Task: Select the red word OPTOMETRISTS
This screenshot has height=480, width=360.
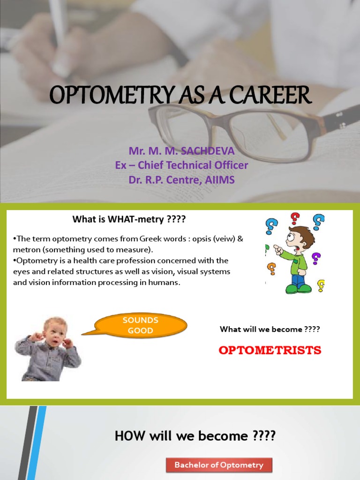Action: (270, 350)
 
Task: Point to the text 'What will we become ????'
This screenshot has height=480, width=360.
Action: (270, 330)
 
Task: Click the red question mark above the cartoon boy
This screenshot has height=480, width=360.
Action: (295, 218)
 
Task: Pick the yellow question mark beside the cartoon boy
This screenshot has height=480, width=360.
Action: (321, 285)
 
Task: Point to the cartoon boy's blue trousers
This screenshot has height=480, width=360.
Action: (298, 281)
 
